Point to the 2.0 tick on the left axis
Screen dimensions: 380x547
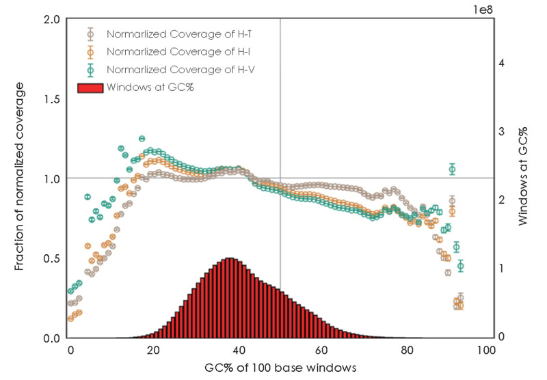click(x=52, y=18)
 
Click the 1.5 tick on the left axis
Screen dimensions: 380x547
click(x=52, y=98)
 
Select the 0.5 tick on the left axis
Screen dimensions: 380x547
click(x=52, y=258)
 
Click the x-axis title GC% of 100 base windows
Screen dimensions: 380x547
click(x=280, y=368)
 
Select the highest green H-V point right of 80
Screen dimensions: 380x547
click(x=452, y=169)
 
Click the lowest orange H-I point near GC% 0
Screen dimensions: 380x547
click(x=70, y=318)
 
